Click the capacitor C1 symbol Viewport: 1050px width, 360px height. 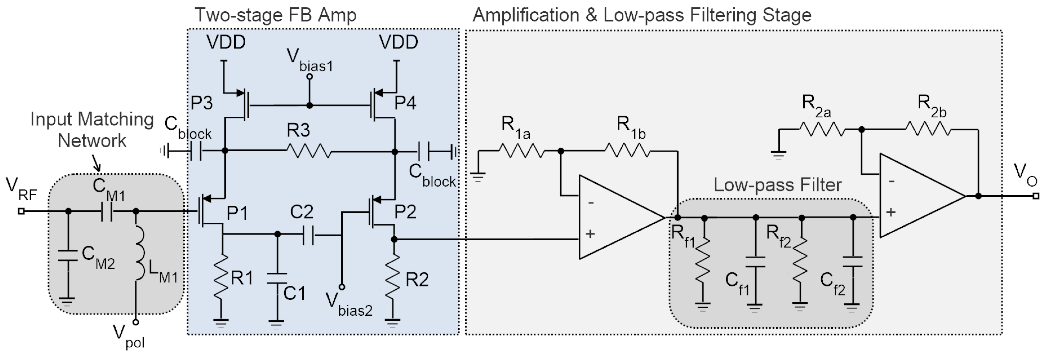[277, 278]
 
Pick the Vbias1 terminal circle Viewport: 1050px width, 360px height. [309, 76]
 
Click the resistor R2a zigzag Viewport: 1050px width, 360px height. [823, 130]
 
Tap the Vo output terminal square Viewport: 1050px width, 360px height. [1036, 196]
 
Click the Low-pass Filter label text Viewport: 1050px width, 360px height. [777, 185]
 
